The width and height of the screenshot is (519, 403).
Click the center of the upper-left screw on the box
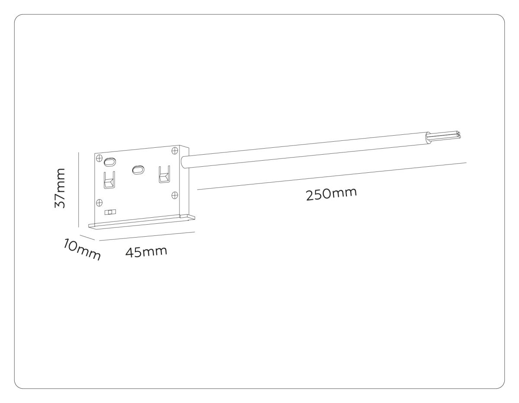[99, 158]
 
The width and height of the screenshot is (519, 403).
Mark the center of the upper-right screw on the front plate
[175, 151]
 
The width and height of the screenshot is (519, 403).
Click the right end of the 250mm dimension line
[466, 163]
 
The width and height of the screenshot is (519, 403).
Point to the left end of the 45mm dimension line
[99, 240]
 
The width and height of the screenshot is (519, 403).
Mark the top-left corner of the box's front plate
[95, 153]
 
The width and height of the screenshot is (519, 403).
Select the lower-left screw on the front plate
[99, 203]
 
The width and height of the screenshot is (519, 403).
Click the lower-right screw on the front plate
[175, 195]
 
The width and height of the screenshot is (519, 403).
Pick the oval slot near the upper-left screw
[109, 162]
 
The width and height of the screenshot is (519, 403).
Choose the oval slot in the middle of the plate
[138, 170]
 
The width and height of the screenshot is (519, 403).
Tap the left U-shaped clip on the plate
[109, 180]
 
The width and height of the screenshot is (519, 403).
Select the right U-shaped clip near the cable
[164, 175]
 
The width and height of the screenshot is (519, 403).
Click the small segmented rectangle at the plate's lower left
[110, 212]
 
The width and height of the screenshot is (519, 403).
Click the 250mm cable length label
[331, 194]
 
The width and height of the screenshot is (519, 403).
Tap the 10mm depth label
[82, 250]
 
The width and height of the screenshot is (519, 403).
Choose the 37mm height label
[60, 188]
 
